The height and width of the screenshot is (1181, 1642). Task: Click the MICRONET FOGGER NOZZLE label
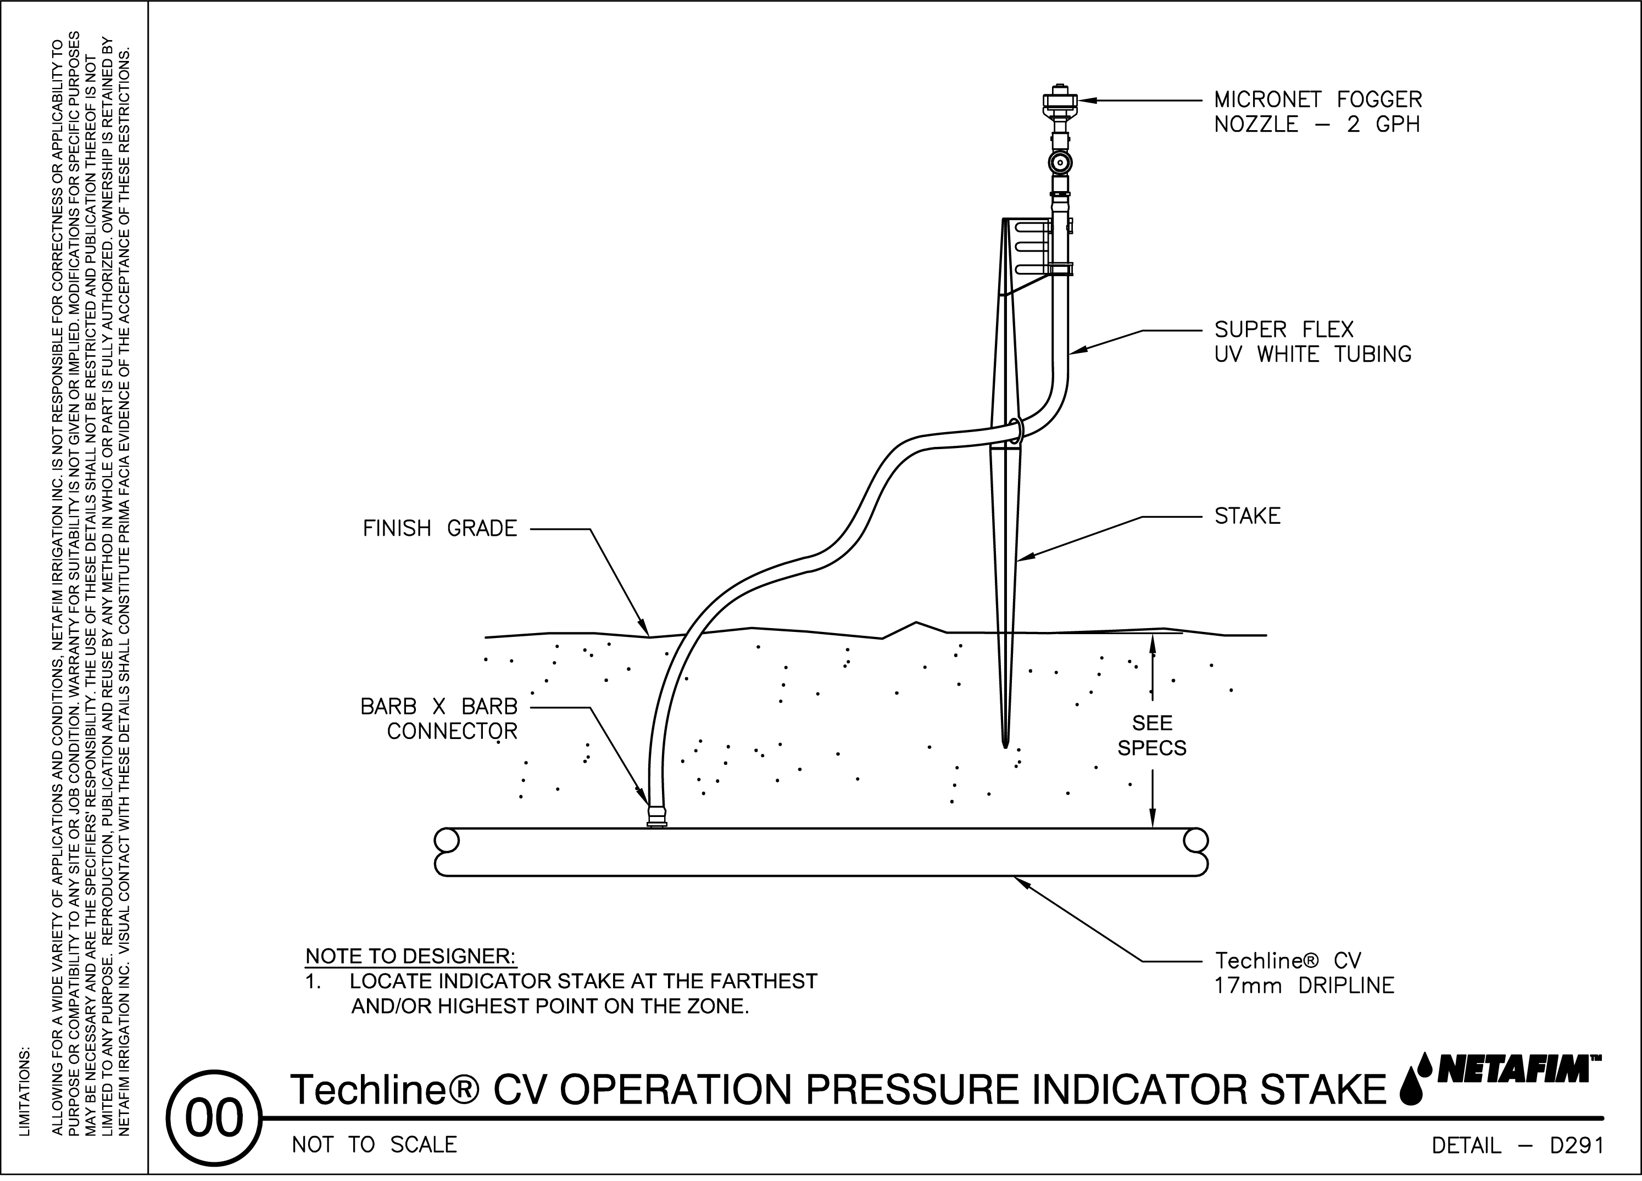pyautogui.click(x=1318, y=111)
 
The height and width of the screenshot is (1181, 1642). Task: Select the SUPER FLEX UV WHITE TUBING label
pyautogui.click(x=1312, y=342)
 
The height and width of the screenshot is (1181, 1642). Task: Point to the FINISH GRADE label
pyautogui.click(x=440, y=529)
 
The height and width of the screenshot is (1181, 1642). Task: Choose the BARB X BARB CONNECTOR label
pyautogui.click(x=439, y=719)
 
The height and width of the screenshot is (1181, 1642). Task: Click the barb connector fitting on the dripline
pyautogui.click(x=656, y=818)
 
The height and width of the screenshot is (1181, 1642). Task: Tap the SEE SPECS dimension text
pyautogui.click(x=1152, y=735)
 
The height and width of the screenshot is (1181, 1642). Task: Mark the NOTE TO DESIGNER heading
pyautogui.click(x=410, y=956)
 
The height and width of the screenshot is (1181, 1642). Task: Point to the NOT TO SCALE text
pyautogui.click(x=374, y=1145)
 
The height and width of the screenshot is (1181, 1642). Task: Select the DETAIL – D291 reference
pyautogui.click(x=1517, y=1145)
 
